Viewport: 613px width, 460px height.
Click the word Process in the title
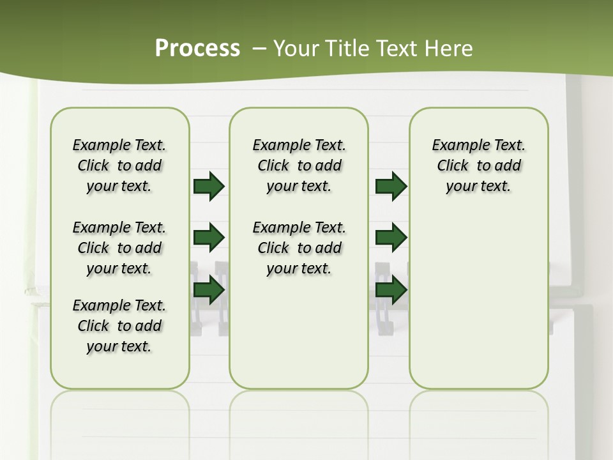[197, 49]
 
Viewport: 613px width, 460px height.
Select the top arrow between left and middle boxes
[209, 186]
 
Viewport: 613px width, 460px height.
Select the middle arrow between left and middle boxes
[209, 238]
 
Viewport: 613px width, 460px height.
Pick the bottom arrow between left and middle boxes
[209, 289]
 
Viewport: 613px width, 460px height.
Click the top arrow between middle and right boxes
[391, 186]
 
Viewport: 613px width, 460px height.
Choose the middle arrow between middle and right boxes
[391, 238]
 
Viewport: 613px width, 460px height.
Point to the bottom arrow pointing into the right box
[391, 289]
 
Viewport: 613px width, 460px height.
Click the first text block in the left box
[119, 165]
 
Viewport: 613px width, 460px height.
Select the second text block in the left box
[119, 248]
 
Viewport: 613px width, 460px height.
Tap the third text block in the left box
[119, 326]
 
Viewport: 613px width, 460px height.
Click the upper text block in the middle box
[299, 165]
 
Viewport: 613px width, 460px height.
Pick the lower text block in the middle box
[299, 248]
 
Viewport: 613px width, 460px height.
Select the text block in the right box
[479, 165]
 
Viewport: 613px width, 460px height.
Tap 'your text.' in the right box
[479, 187]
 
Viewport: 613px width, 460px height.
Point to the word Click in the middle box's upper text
[273, 166]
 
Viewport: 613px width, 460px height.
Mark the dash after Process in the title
[259, 49]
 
